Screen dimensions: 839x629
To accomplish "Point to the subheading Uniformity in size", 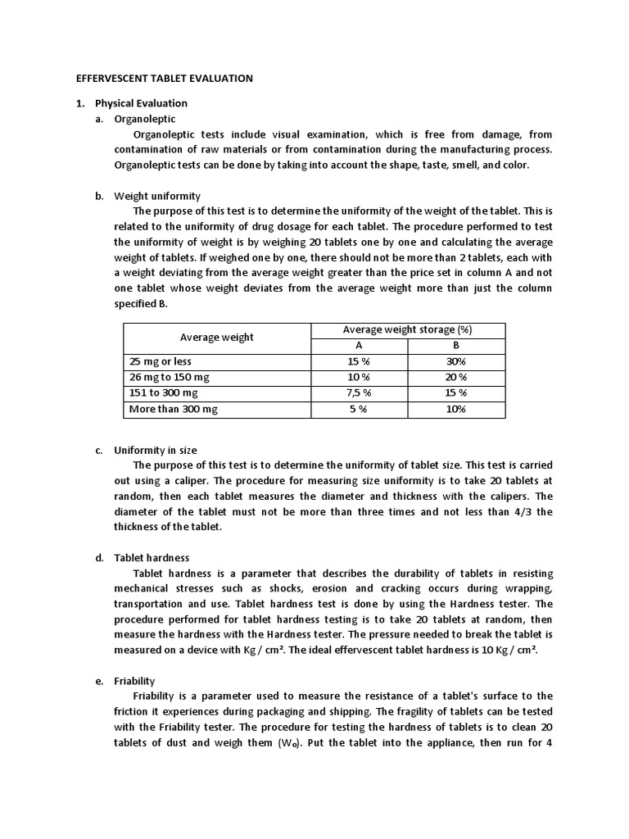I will tap(156, 451).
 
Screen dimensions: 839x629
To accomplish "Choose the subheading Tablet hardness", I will tap(152, 558).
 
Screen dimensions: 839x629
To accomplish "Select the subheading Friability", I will tap(134, 681).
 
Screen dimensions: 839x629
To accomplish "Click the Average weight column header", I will tap(217, 338).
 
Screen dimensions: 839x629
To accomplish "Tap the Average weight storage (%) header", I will tap(407, 329).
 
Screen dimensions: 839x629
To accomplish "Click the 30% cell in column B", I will tap(456, 361).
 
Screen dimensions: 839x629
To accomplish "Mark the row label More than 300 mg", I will tap(174, 409).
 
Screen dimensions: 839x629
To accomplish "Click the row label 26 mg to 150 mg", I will tap(170, 377).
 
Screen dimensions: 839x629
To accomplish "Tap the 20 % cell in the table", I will tap(456, 377).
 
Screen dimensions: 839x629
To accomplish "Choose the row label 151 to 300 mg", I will tap(164, 392).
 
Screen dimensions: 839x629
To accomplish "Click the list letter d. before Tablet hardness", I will tap(98, 558).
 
